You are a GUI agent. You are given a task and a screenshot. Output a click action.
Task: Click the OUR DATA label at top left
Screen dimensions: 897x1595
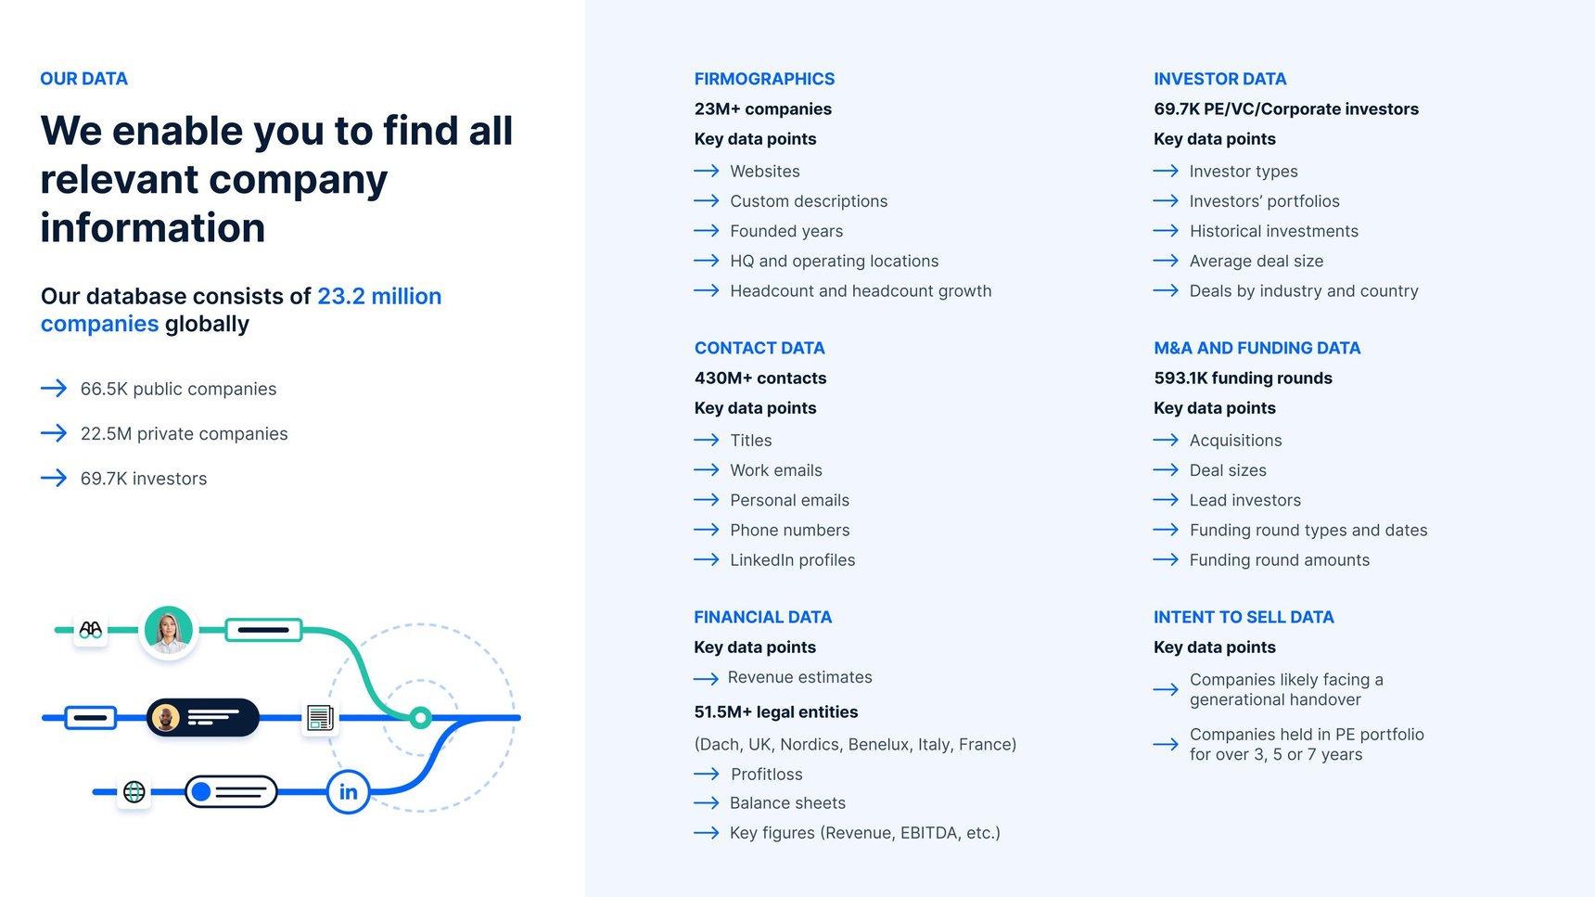tap(83, 79)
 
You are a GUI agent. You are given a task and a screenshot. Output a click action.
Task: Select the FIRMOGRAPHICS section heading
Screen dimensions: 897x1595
tap(764, 79)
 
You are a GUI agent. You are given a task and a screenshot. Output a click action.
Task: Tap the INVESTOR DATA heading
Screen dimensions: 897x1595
tap(1219, 79)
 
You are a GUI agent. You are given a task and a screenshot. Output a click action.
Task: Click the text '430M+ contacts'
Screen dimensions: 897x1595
tap(759, 378)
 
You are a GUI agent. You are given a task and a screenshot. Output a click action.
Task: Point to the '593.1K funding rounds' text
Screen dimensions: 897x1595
tap(1243, 378)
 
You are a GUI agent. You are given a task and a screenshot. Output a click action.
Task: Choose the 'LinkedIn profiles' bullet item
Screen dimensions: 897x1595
tap(792, 559)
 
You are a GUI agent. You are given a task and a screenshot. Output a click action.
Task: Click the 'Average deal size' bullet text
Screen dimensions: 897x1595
tap(1256, 261)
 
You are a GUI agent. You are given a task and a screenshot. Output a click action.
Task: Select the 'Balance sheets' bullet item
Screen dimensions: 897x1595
tap(787, 802)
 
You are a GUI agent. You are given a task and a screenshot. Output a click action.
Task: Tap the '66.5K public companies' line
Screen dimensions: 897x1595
tap(178, 389)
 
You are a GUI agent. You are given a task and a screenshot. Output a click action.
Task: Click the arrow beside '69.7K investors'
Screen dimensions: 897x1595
tap(54, 478)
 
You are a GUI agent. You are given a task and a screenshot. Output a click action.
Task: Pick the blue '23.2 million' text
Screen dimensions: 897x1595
tap(379, 296)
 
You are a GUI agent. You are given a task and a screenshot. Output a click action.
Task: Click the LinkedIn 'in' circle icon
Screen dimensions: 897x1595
tap(349, 791)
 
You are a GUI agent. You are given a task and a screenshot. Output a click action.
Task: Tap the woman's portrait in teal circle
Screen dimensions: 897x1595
tap(169, 631)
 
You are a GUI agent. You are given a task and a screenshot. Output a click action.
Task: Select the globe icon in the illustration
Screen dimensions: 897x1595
tap(134, 791)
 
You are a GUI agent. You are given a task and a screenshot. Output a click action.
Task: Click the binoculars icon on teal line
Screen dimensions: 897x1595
tap(90, 630)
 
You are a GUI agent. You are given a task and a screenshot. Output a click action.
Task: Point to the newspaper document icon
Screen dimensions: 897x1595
tap(320, 717)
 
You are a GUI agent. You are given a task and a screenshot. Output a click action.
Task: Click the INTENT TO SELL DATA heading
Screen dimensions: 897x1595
tap(1243, 617)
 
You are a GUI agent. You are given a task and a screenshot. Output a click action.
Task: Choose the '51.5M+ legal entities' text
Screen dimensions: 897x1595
tap(775, 711)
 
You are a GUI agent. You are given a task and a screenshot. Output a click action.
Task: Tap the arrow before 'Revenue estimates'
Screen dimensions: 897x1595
tap(706, 678)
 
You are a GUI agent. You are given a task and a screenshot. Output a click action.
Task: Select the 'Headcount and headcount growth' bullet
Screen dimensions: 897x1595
tap(860, 290)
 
